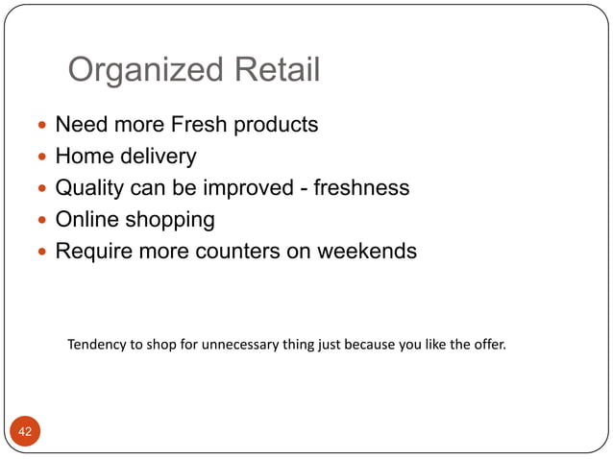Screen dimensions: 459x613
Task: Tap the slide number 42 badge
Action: pyautogui.click(x=25, y=432)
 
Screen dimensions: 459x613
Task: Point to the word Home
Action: pyautogui.click(x=84, y=156)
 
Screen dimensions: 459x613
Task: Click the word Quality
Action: pyautogui.click(x=91, y=188)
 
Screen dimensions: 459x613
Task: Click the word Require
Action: pyautogui.click(x=94, y=252)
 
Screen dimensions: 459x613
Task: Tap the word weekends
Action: pyautogui.click(x=369, y=252)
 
